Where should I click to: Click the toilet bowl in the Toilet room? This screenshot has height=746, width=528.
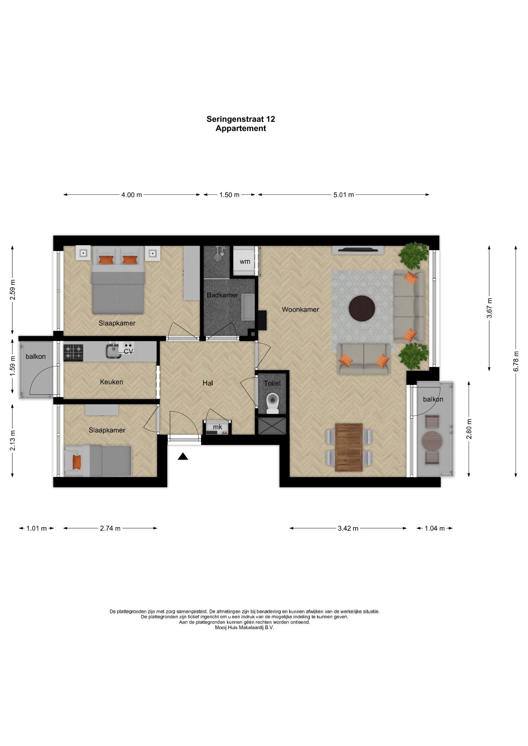pos(272,404)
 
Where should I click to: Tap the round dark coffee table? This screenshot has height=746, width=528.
pos(362,309)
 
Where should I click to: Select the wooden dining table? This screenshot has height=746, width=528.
pos(349,447)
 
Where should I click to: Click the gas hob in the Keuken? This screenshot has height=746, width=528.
pos(73,353)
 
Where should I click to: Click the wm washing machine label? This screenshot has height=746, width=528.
pos(245,262)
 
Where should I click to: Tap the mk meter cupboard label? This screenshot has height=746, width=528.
pos(217,427)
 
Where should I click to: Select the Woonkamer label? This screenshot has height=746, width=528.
pos(300,310)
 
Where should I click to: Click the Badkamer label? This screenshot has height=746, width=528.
pos(222,295)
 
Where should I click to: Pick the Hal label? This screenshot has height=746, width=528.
pos(208,383)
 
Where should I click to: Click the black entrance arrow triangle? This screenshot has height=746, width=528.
pos(183,456)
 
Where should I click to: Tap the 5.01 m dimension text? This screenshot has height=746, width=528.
pos(343,195)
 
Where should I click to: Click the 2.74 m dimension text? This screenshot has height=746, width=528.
pos(110,529)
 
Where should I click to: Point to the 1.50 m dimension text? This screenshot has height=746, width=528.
pos(229,195)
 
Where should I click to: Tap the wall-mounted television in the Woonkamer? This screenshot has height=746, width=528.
pos(358,250)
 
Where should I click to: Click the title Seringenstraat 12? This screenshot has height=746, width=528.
pos(241,119)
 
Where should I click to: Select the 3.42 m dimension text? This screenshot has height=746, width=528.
pos(348,529)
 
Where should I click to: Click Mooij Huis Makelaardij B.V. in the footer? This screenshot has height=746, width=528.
pos(244,628)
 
